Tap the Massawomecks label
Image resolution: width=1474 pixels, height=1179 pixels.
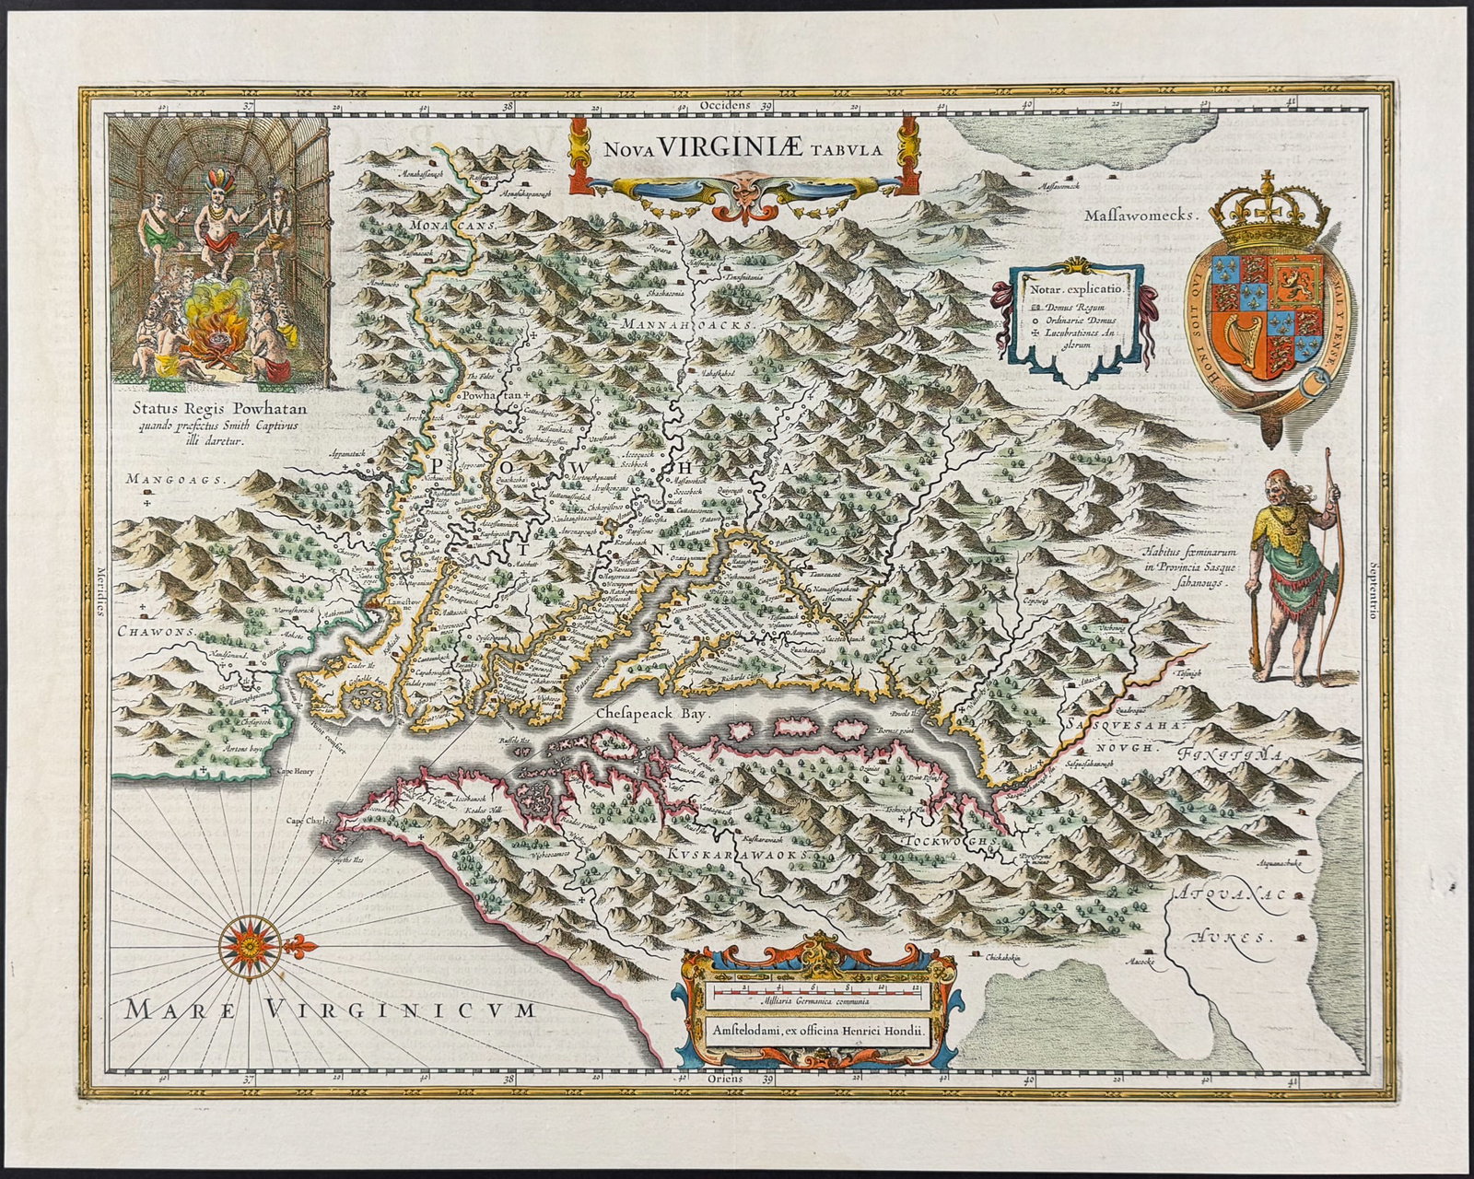pos(1139,217)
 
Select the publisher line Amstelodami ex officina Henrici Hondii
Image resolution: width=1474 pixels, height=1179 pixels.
pos(813,1033)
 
